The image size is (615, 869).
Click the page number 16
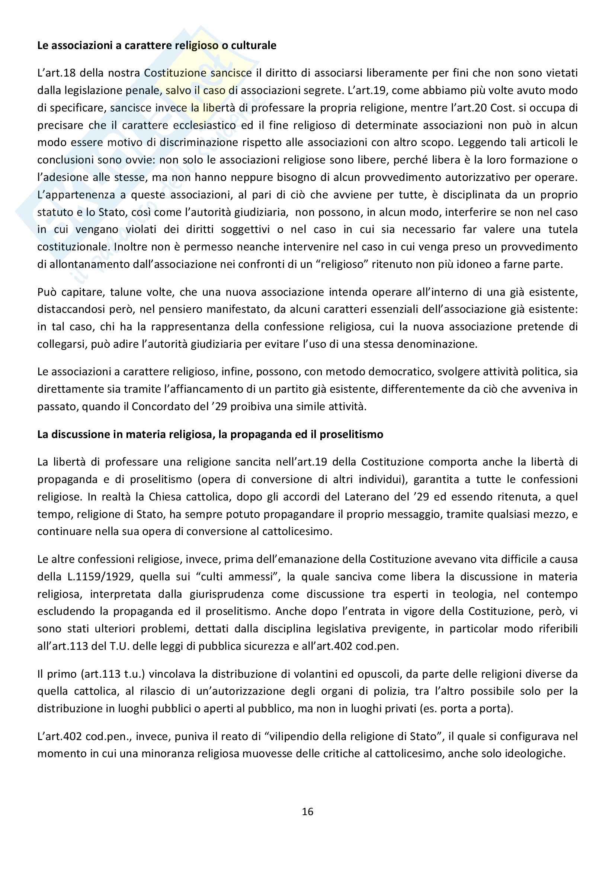(x=307, y=812)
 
